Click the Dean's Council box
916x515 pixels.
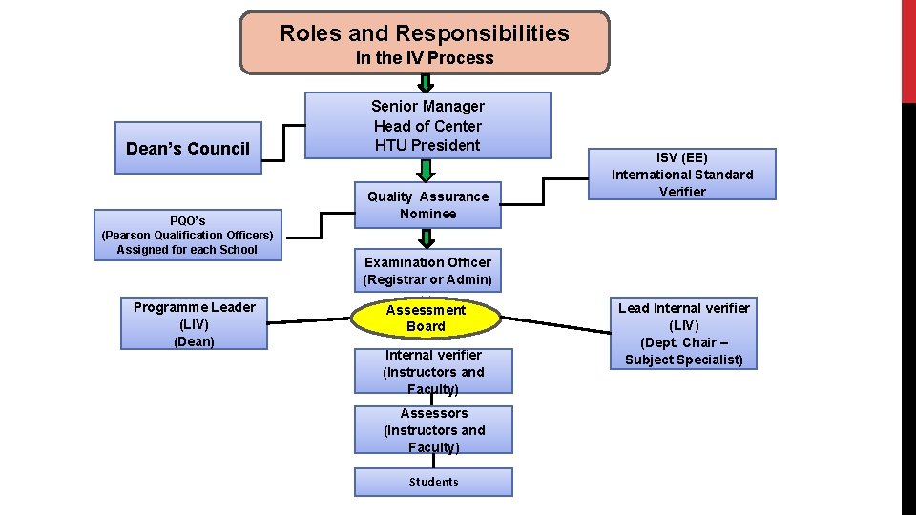pyautogui.click(x=188, y=148)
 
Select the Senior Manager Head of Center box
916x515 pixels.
pyautogui.click(x=427, y=125)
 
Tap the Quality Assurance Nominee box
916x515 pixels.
pyautogui.click(x=427, y=205)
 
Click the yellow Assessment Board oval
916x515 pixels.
pyautogui.click(x=426, y=318)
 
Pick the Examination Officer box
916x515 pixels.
pyautogui.click(x=427, y=271)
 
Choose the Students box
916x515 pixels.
pyautogui.click(x=433, y=482)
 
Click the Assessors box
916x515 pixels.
pyautogui.click(x=433, y=430)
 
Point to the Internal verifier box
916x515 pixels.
pyautogui.click(x=433, y=371)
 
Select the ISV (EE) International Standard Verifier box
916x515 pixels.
pyautogui.click(x=682, y=174)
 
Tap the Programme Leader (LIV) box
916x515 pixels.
pyautogui.click(x=194, y=323)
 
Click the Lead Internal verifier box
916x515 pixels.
pyautogui.click(x=684, y=333)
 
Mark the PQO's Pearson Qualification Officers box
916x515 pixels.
pyautogui.click(x=188, y=235)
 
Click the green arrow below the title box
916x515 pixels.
pyautogui.click(x=427, y=83)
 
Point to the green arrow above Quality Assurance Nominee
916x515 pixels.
pyautogui.click(x=427, y=170)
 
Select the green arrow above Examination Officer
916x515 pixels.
pyautogui.click(x=427, y=239)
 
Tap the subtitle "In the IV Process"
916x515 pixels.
pyautogui.click(x=425, y=58)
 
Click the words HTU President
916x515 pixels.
pyautogui.click(x=427, y=145)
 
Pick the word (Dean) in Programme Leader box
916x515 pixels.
pyautogui.click(x=194, y=341)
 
